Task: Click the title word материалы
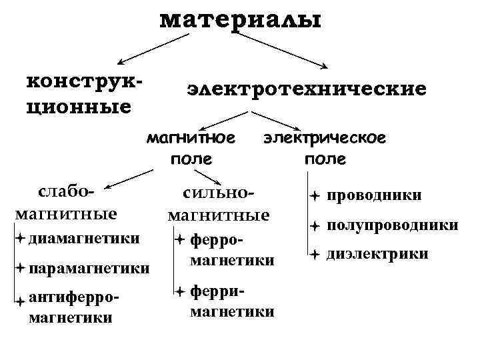240,19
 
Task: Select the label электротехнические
307,89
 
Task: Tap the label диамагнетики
85,238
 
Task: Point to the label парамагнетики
89,269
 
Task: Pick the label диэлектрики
377,254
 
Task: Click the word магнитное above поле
191,139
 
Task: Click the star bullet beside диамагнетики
21,238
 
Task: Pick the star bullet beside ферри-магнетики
180,291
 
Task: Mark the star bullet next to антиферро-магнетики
21,302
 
